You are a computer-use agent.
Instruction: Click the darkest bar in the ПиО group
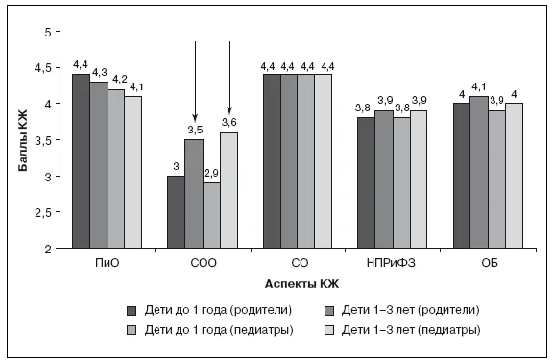(x=81, y=161)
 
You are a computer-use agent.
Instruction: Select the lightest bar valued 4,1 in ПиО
(x=133, y=172)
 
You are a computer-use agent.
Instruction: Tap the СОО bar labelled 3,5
(x=194, y=194)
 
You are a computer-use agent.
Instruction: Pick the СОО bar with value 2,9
(x=211, y=215)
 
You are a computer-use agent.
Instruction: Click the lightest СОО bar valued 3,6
(x=228, y=190)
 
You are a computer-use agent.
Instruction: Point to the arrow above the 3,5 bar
(x=196, y=81)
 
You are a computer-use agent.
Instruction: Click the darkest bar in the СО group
(x=272, y=161)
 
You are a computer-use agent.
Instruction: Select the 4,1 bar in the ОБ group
(x=479, y=172)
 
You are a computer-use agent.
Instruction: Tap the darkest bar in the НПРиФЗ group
(x=366, y=183)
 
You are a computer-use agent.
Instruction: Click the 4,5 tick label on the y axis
(x=43, y=68)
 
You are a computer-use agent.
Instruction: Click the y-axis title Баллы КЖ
(x=23, y=140)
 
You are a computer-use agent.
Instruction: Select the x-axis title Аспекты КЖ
(x=301, y=284)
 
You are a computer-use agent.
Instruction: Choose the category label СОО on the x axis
(x=204, y=263)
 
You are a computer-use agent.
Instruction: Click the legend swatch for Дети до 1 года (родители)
(x=132, y=311)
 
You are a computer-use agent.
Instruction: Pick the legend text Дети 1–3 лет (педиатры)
(x=411, y=330)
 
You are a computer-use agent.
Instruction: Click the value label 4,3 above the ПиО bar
(x=100, y=73)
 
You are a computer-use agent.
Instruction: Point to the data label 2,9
(x=211, y=173)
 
